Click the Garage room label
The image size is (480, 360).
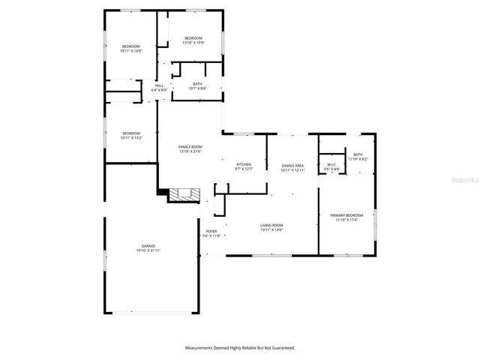click(148, 246)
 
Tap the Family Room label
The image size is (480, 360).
click(190, 147)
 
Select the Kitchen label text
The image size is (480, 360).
click(244, 164)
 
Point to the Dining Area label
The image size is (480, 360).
click(292, 165)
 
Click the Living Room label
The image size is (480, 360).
click(271, 225)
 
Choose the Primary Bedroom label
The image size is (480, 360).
click(346, 215)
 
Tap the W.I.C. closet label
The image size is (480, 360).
click(333, 165)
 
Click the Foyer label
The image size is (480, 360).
click(211, 232)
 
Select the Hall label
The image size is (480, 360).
click(159, 85)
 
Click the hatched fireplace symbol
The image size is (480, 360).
click(184, 195)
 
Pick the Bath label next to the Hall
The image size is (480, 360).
click(197, 84)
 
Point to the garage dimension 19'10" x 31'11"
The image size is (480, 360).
click(148, 250)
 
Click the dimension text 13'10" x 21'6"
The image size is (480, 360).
click(190, 151)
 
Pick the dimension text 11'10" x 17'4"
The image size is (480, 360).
click(346, 220)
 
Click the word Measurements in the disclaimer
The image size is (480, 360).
click(202, 348)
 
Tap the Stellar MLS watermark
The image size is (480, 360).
click(465, 181)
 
